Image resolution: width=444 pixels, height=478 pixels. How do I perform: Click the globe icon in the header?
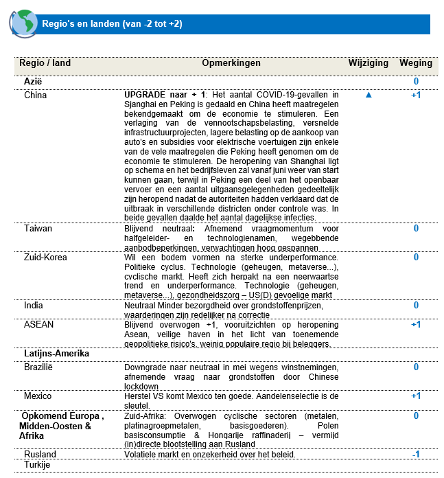click(24, 23)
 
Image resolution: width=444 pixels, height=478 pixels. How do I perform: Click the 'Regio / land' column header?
click(45, 63)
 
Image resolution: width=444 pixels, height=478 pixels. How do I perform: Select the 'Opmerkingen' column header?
click(231, 63)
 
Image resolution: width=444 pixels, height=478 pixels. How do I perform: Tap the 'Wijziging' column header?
click(369, 63)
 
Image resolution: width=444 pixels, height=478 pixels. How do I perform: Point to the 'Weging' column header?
click(416, 63)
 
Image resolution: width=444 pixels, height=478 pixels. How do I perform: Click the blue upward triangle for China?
click(369, 95)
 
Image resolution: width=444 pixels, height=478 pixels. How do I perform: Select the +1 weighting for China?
click(416, 95)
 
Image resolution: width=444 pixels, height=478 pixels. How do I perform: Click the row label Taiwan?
click(38, 228)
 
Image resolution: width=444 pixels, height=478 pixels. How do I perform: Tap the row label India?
click(34, 305)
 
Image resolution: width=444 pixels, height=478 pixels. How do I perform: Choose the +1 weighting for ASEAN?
click(416, 324)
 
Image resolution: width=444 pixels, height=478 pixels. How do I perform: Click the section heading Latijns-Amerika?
click(58, 354)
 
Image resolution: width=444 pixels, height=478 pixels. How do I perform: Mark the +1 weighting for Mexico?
click(416, 396)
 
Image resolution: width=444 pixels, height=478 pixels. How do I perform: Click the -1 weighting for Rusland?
click(416, 455)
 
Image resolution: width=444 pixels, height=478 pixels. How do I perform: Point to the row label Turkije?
click(39, 465)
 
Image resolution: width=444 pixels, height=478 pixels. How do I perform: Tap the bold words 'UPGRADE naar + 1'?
click(166, 95)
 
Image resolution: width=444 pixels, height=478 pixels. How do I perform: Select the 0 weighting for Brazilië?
click(416, 367)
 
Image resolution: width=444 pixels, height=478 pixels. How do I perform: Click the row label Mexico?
click(38, 396)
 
